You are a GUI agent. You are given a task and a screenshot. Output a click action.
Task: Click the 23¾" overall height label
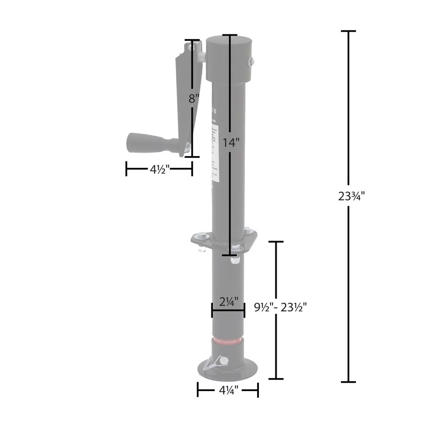[x=351, y=196]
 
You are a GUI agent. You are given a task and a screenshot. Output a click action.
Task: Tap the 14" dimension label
[x=231, y=142]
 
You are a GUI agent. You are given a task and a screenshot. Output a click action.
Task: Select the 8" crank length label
[x=194, y=99]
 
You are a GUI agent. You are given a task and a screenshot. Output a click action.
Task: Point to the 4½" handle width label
[x=160, y=170]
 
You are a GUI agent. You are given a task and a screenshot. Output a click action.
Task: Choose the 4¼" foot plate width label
[x=228, y=391]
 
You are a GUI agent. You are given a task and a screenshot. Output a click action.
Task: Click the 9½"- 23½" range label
[x=281, y=308]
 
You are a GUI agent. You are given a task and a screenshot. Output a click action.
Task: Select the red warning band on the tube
[x=228, y=341]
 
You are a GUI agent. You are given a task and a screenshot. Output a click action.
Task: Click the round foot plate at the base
[x=227, y=370]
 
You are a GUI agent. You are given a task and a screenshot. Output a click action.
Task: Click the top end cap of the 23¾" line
[x=348, y=31]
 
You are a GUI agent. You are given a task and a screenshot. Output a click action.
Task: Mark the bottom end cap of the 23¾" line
[x=348, y=382]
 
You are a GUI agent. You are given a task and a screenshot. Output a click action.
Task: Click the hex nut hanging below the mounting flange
[x=234, y=260]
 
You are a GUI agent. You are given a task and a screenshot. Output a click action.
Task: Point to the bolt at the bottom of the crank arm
[x=186, y=149]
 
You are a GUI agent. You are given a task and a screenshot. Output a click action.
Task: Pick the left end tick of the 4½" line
[x=126, y=169]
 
